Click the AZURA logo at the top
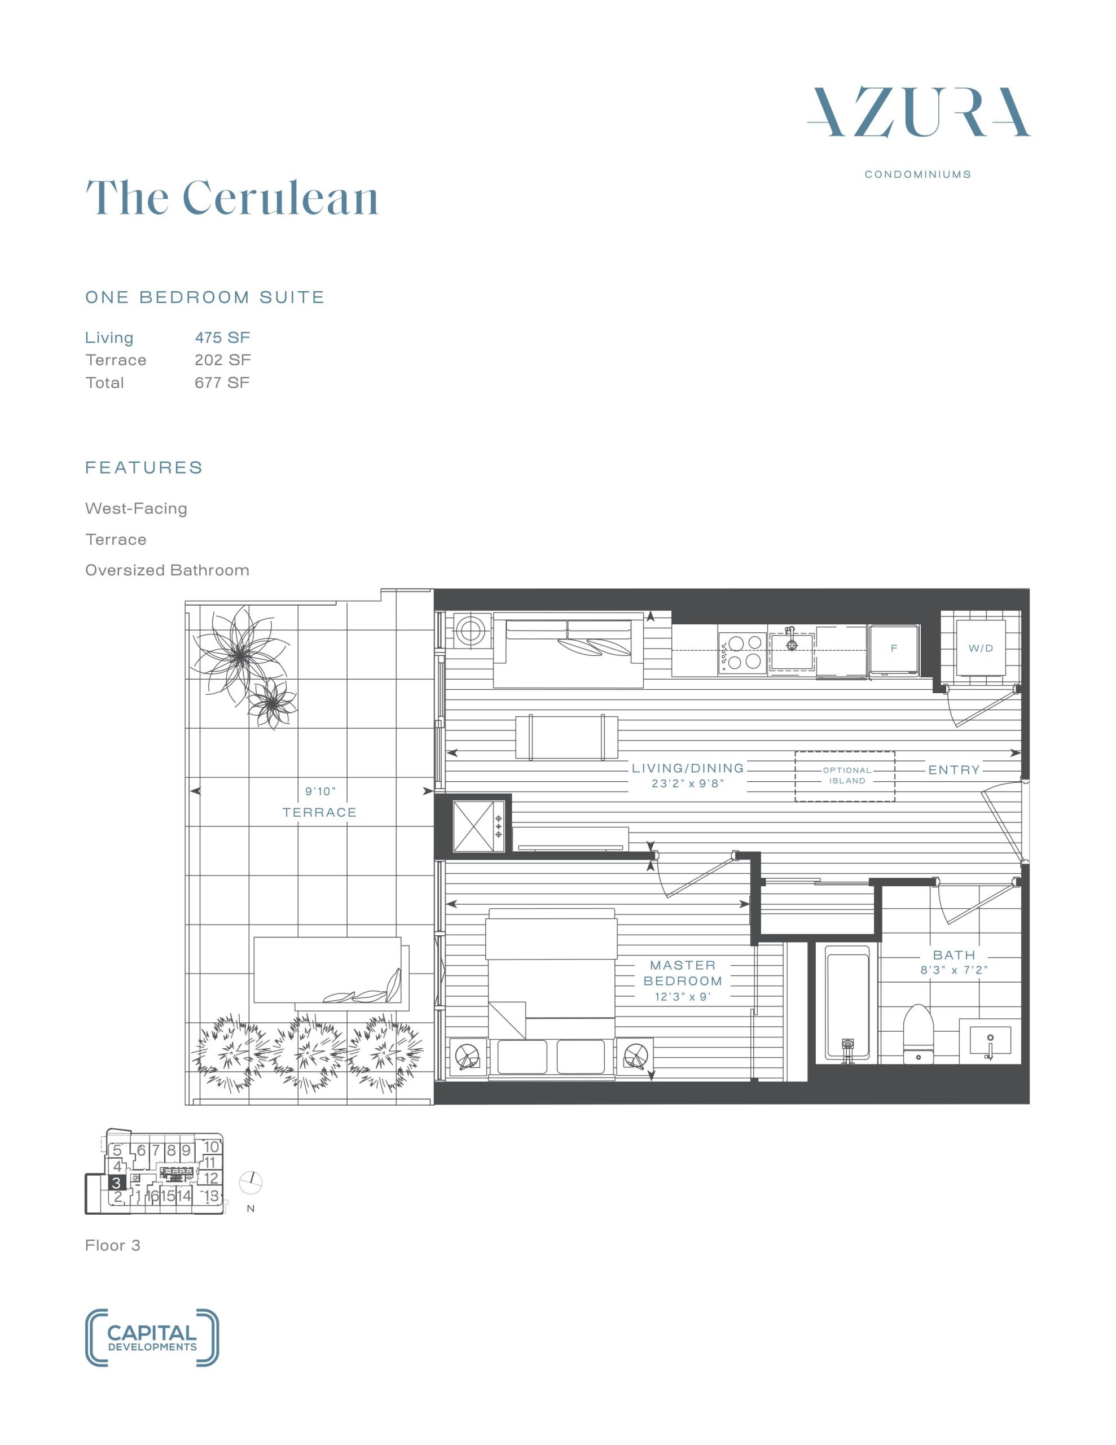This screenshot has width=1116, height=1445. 918,112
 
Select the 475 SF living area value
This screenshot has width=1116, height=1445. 222,338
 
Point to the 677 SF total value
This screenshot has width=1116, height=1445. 222,383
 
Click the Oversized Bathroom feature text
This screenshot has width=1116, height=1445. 168,570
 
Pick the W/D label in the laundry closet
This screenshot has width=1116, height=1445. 981,649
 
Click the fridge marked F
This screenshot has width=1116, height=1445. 894,650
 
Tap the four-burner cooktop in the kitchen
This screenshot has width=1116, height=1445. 742,653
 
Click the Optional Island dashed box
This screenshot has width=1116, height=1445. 845,776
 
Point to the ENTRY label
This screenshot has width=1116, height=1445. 954,770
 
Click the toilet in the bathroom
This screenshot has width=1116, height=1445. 917,1033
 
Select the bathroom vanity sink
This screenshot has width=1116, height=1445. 990,1041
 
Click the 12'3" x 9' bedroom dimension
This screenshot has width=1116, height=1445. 682,996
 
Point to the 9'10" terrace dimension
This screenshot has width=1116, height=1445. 320,791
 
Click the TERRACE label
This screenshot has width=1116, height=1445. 319,812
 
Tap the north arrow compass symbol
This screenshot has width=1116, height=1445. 252,1181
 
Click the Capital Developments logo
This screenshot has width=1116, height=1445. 152,1337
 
